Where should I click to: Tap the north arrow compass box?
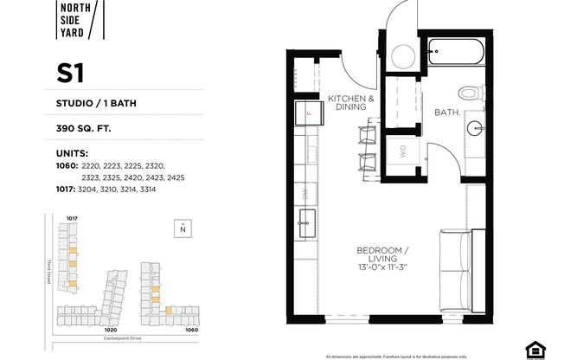tap(183, 228)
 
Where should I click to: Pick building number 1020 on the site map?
tap(111, 330)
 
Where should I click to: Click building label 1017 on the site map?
tap(73, 218)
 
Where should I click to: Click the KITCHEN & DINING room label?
tap(351, 102)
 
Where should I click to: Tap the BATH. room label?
tap(446, 112)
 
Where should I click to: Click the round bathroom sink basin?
tap(473, 129)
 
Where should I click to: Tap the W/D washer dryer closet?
tap(403, 152)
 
